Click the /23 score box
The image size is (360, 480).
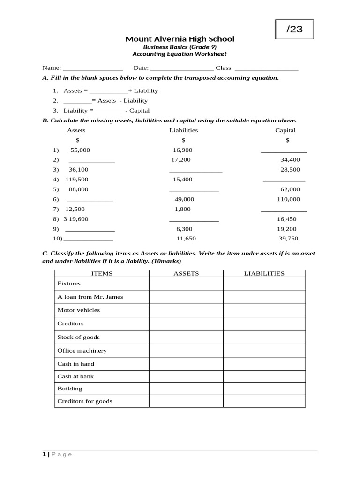(x=294, y=29)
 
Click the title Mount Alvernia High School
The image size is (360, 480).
(x=180, y=39)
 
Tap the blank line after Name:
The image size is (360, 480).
(x=92, y=68)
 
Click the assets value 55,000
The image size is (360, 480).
(x=80, y=150)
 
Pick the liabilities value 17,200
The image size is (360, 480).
(x=181, y=160)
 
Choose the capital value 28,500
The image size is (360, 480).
(x=290, y=170)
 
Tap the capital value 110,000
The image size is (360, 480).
(x=288, y=199)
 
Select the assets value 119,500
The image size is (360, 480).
(x=77, y=180)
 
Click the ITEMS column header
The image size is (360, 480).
(x=102, y=273)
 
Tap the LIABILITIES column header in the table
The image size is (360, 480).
(x=264, y=273)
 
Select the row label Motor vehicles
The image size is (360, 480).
(x=78, y=310)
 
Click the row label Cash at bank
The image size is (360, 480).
(x=75, y=376)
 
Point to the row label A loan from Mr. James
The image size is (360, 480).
(x=90, y=297)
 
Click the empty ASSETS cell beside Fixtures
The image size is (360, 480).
(x=186, y=284)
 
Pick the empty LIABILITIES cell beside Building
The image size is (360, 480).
(x=264, y=389)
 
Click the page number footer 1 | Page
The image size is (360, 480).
(x=57, y=454)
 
